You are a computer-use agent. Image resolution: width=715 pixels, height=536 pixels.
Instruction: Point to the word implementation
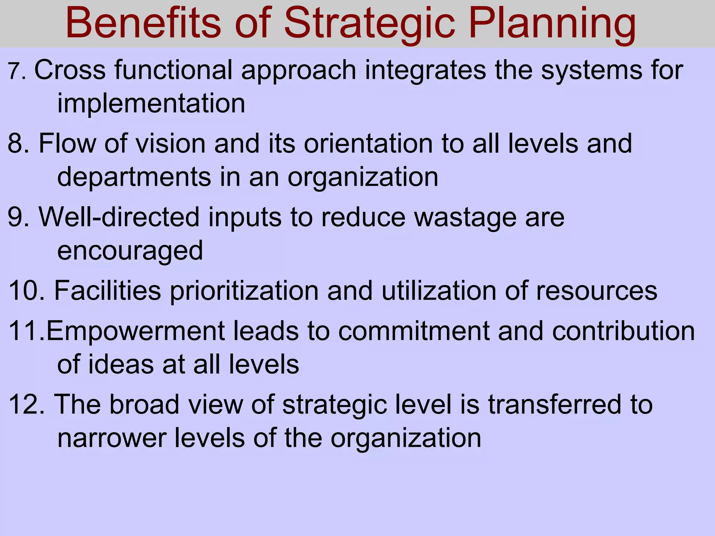pyautogui.click(x=151, y=104)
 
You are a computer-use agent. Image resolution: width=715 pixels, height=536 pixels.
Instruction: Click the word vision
pyautogui.click(x=170, y=143)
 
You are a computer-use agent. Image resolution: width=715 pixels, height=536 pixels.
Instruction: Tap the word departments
pyautogui.click(x=134, y=177)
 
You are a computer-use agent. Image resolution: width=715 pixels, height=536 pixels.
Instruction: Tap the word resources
pyautogui.click(x=596, y=291)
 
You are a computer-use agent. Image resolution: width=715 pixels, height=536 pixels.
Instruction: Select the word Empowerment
pyautogui.click(x=135, y=331)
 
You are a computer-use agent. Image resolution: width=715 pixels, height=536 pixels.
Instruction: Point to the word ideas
pyautogui.click(x=120, y=364)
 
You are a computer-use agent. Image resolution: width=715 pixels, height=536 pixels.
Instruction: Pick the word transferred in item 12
pyautogui.click(x=554, y=405)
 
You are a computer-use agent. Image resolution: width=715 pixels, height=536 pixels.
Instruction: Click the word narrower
pyautogui.click(x=111, y=438)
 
